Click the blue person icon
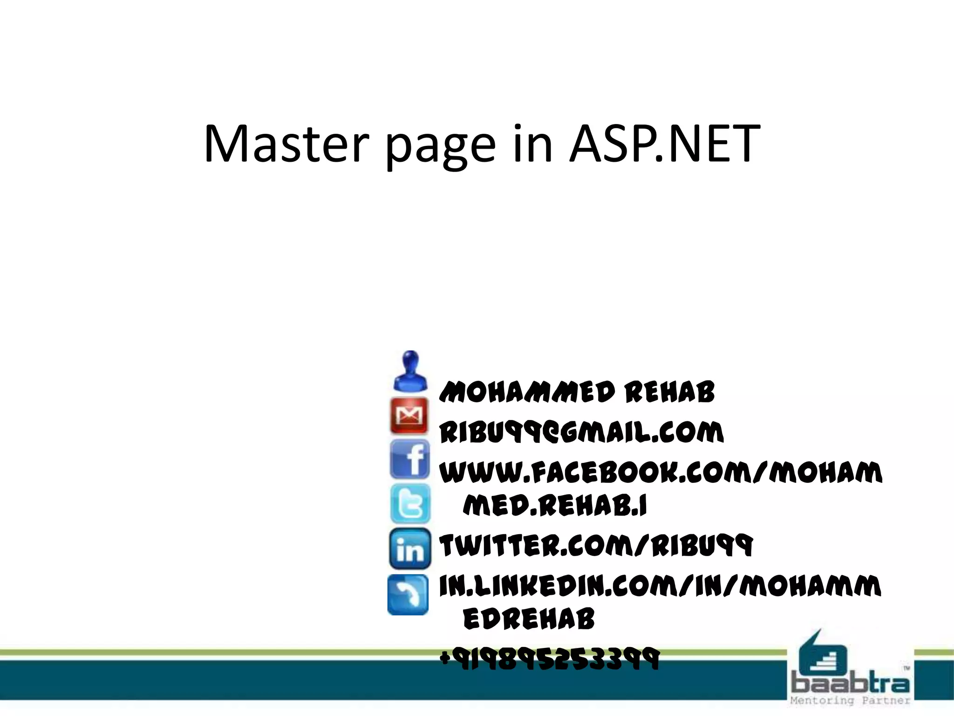(x=410, y=371)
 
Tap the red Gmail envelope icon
(x=409, y=415)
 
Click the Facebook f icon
(x=410, y=459)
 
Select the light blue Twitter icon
(x=410, y=503)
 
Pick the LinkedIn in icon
(x=410, y=549)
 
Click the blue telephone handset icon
(x=408, y=595)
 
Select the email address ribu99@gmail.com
(x=581, y=432)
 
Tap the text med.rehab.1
(x=555, y=505)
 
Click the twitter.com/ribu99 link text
(x=596, y=545)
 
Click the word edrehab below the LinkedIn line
(x=529, y=619)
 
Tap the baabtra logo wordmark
(x=850, y=684)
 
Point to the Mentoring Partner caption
(x=850, y=701)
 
